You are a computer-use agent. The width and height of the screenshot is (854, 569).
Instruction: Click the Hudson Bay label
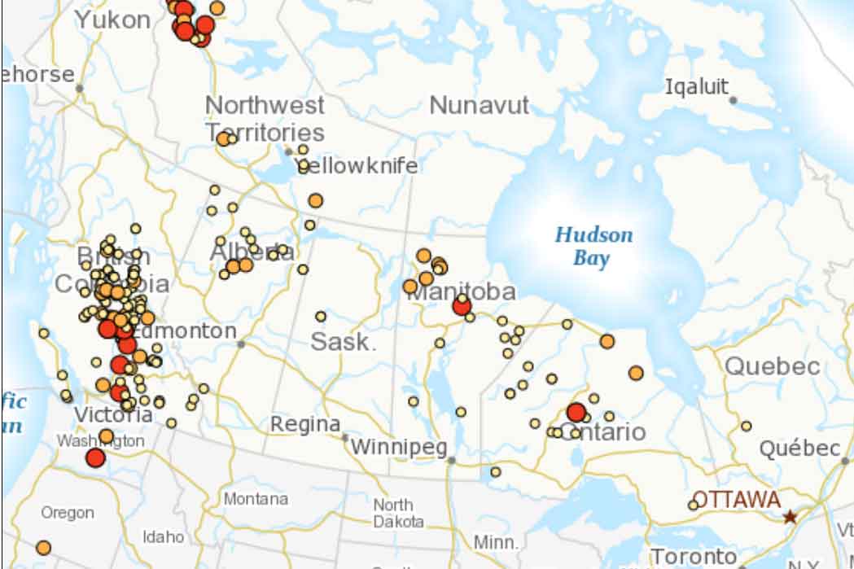click(593, 247)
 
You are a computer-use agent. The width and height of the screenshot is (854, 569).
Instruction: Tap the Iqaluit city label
click(696, 87)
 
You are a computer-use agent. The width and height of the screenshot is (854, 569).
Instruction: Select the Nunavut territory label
click(479, 106)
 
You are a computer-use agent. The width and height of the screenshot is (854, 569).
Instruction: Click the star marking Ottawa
click(789, 517)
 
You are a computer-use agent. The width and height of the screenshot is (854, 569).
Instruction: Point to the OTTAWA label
click(736, 500)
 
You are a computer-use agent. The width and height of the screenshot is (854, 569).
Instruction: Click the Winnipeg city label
click(399, 447)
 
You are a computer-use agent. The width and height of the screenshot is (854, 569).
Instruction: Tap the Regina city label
click(305, 424)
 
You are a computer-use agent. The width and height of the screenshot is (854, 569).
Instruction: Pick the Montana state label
click(256, 498)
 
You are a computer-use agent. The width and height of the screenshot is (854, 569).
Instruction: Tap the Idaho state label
click(163, 536)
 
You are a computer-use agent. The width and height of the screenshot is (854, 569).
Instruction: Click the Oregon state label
click(68, 513)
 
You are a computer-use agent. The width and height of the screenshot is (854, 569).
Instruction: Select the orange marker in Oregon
click(43, 547)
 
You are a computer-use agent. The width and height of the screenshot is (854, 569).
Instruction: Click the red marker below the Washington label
click(95, 457)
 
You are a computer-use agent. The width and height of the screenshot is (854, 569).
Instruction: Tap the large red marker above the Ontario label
click(576, 412)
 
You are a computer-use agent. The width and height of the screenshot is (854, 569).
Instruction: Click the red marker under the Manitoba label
click(461, 306)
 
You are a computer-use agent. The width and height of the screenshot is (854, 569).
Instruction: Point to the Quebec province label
click(772, 366)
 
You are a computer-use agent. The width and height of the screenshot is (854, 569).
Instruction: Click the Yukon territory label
click(112, 20)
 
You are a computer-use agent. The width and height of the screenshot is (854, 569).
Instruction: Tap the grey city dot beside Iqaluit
click(733, 100)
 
